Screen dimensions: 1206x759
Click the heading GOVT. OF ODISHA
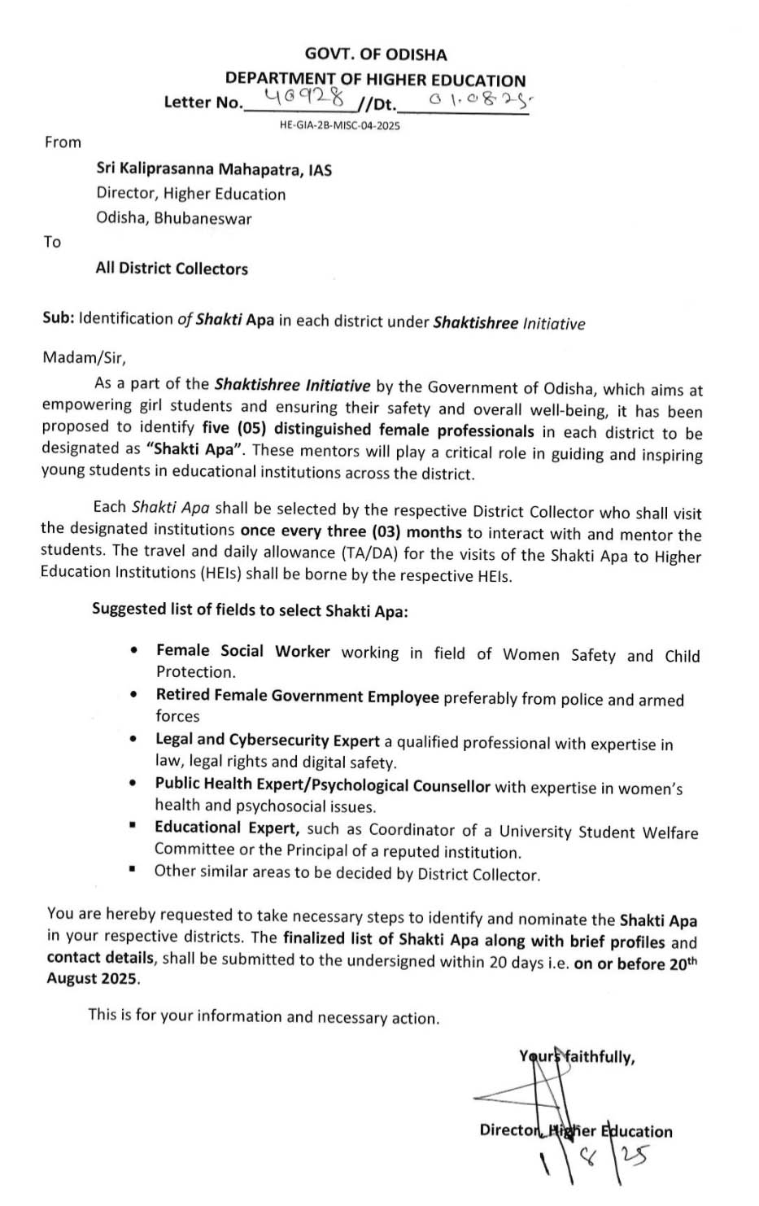pos(376,55)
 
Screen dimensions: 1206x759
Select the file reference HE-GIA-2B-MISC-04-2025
pos(339,125)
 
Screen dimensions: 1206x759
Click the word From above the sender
pos(63,142)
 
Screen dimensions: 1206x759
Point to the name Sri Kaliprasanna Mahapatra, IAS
pos(214,169)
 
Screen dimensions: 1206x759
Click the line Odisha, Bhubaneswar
pos(174,218)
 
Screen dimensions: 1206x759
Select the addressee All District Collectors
pos(172,269)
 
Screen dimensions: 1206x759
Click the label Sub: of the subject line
pos(58,318)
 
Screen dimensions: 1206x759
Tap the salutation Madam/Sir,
pos(85,357)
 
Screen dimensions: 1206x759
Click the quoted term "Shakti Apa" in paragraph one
pos(195,449)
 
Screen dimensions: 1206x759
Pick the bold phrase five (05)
pos(234,427)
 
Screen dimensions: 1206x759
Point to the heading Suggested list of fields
pos(250,610)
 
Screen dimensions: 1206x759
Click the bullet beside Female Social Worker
pos(133,652)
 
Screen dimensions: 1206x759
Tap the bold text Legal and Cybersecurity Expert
pos(268,741)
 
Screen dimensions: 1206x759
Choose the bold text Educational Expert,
pos(228,828)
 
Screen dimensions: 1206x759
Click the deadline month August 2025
pos(93,979)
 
